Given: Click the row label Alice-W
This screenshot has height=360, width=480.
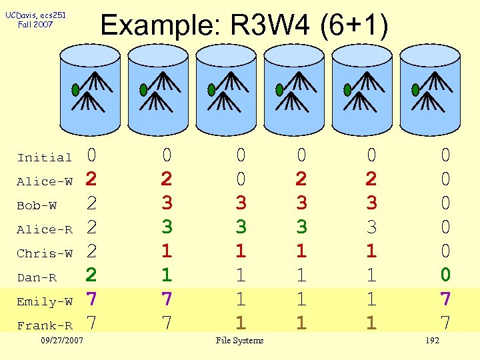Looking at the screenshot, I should tap(45, 181).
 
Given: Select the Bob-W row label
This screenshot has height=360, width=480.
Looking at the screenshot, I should tap(37, 205).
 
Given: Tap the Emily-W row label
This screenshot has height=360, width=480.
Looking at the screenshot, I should tap(45, 301).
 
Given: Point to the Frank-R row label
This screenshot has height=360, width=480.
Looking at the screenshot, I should tap(45, 325).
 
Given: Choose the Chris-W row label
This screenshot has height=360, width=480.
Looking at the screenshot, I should tap(45, 253).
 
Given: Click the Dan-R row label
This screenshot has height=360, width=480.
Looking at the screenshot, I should tap(37, 277).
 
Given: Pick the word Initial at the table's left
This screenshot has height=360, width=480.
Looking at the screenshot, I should tap(45, 157).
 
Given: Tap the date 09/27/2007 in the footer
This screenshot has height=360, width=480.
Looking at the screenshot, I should tap(61, 341).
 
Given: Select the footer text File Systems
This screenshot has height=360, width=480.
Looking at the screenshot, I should tap(239, 341).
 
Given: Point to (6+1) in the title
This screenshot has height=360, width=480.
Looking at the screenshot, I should tap(353, 27).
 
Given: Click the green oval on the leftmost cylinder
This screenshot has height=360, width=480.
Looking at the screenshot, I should tap(75, 89).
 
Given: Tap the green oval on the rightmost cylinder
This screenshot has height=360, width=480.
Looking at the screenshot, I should tap(415, 89).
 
